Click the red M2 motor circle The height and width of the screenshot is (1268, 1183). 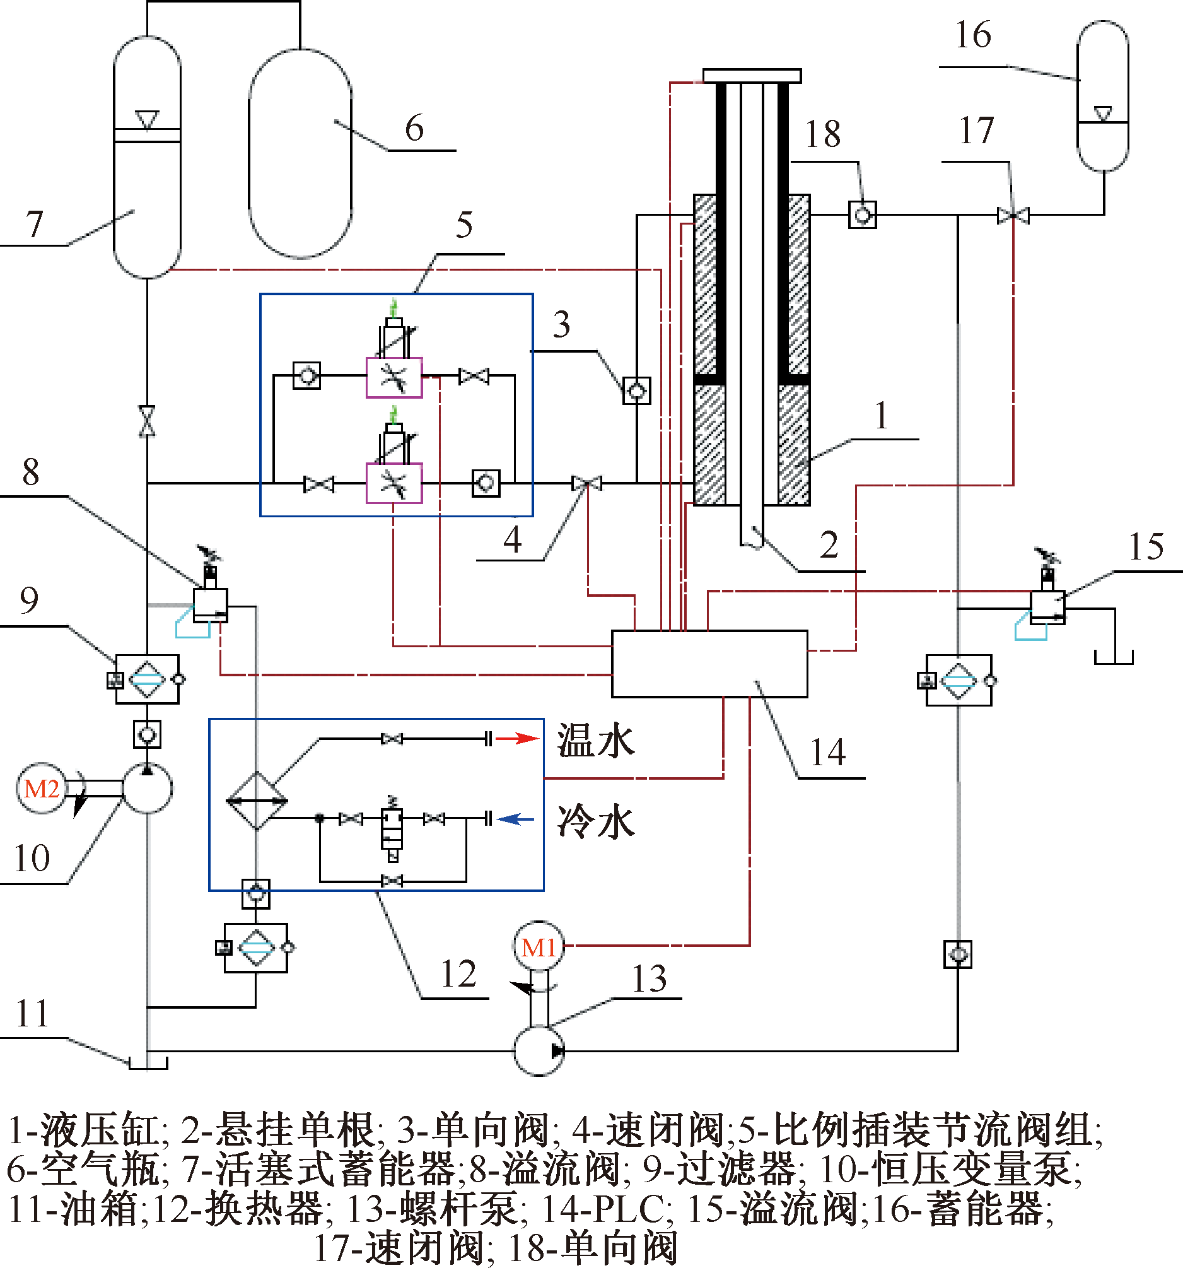coord(42,789)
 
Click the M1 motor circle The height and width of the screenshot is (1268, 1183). coord(539,946)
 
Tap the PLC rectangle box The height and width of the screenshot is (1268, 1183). coord(709,664)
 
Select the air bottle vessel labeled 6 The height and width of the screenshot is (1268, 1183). coord(300,154)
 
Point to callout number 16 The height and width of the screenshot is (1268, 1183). coord(973,35)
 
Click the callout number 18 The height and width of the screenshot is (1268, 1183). coord(823,134)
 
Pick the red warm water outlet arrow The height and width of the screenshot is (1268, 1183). coord(517,739)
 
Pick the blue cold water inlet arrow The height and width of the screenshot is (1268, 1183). coord(515,819)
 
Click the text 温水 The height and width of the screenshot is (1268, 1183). coord(597,741)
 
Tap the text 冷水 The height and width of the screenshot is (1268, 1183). coord(597,821)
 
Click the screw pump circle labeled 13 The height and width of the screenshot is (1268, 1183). coord(539,1050)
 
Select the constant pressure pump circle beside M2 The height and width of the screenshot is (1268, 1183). coord(148,789)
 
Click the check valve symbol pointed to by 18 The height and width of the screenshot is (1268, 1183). coord(862,214)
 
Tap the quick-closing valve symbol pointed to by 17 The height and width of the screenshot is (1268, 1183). coord(1013,216)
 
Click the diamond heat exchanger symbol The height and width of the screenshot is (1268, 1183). coord(257,801)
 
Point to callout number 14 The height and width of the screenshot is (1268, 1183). coord(828,753)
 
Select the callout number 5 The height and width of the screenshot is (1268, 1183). coord(464,225)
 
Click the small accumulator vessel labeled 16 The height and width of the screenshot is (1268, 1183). coord(1103,96)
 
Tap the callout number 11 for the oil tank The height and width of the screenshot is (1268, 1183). coord(32,1014)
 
